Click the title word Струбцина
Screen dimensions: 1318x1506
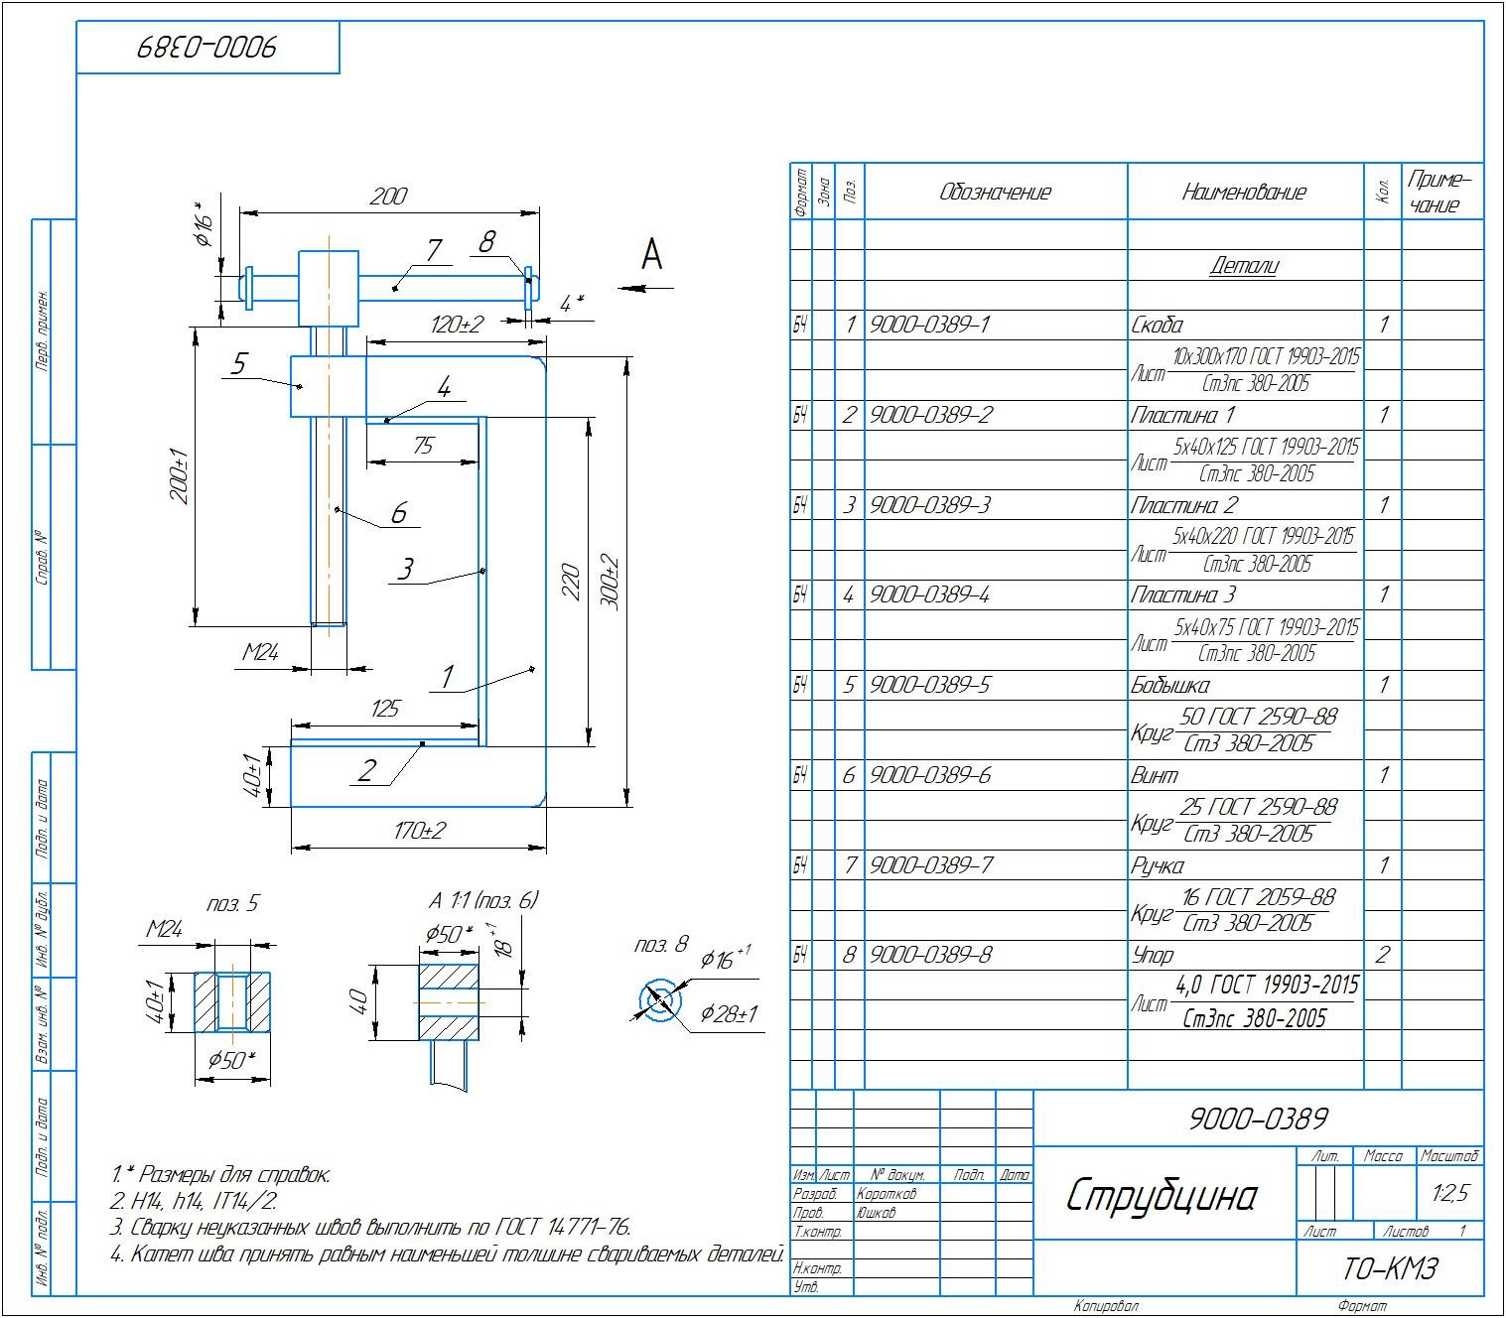tap(1160, 1196)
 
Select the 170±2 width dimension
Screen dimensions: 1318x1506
tap(419, 831)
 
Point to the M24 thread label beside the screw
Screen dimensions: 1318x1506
tap(261, 652)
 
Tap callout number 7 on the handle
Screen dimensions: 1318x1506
tap(433, 251)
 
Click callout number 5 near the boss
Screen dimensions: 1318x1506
tap(238, 364)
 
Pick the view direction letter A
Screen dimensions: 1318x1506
tap(651, 255)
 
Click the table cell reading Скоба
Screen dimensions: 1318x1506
tap(1158, 326)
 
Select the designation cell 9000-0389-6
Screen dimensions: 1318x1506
tap(930, 775)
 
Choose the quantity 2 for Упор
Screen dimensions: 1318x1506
tap(1381, 956)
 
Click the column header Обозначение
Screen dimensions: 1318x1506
tap(995, 192)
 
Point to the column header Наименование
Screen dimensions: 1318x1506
tap(1244, 192)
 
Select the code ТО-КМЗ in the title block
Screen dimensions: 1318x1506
tap(1390, 1268)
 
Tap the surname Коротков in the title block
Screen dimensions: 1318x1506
tap(887, 1194)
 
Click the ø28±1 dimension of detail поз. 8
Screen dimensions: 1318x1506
tap(729, 1014)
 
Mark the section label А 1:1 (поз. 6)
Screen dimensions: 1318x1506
tap(483, 901)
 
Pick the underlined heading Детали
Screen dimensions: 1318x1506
tap(1244, 265)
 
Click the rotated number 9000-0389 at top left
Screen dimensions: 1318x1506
tap(206, 48)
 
